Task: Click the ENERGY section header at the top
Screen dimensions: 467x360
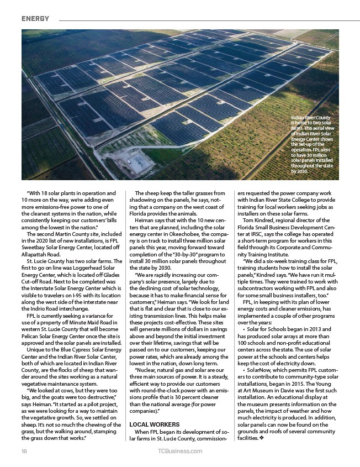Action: point(35,18)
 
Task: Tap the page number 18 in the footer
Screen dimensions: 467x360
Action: point(25,452)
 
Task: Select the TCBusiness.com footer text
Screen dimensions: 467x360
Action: point(179,452)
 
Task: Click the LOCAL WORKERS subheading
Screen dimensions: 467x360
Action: point(154,424)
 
